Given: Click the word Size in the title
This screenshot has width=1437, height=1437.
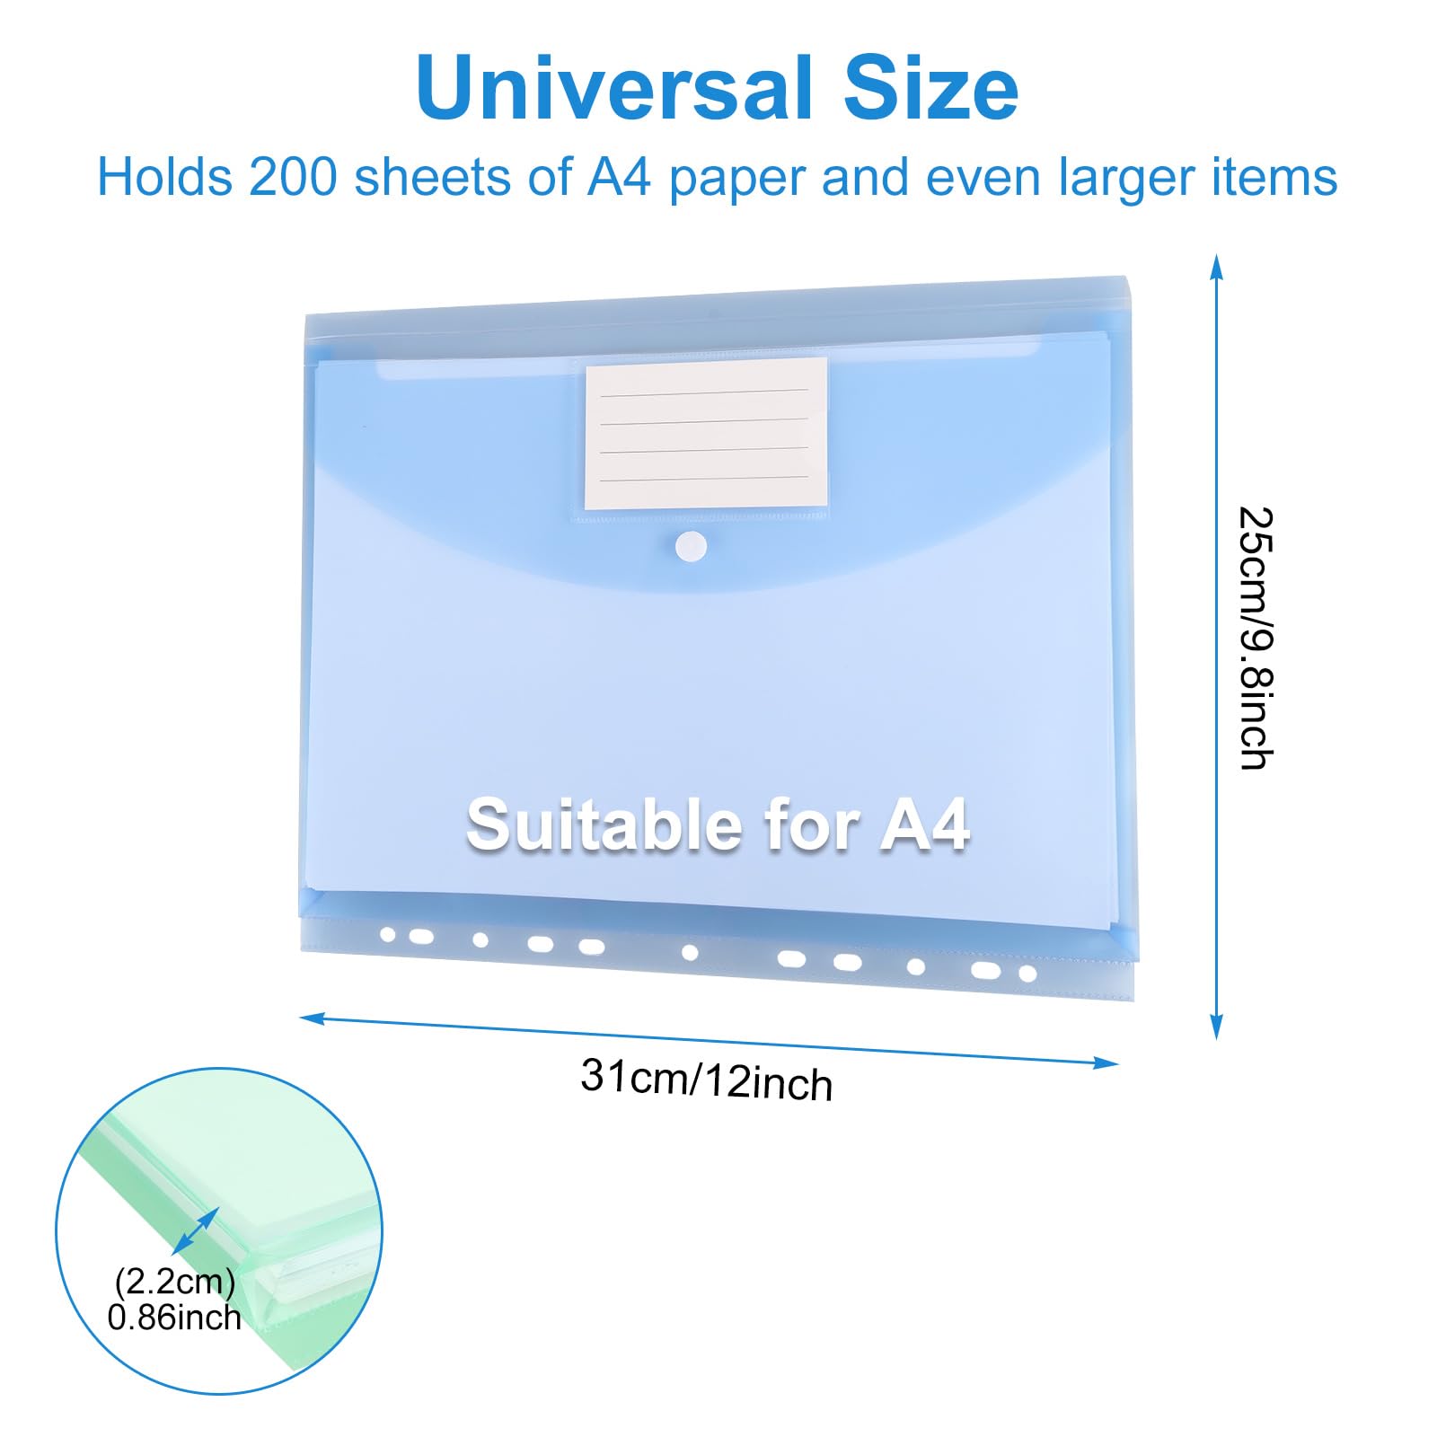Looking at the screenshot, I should [x=930, y=88].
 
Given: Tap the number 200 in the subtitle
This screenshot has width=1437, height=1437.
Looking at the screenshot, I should [x=292, y=177].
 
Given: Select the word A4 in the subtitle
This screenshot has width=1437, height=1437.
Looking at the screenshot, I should [x=619, y=177].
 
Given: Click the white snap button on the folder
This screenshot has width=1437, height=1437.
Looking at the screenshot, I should [x=691, y=546].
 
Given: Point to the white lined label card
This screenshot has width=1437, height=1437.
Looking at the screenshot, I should [x=706, y=433].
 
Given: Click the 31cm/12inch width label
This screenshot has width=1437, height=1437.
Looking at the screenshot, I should [x=706, y=1079].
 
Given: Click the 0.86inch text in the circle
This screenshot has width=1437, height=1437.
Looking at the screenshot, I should [x=174, y=1318].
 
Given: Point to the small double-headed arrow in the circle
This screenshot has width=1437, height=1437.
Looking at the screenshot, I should [x=195, y=1230].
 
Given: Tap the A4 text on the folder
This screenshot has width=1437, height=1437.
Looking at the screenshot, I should [x=925, y=825].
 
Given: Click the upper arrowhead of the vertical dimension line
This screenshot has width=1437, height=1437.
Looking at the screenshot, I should [x=1216, y=266].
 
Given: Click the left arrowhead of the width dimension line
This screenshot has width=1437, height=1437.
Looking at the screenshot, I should [x=311, y=1018].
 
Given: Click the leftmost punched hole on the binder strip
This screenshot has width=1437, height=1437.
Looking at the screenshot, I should [x=388, y=935].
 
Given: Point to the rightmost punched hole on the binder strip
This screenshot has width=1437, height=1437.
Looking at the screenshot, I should [x=1028, y=973].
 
